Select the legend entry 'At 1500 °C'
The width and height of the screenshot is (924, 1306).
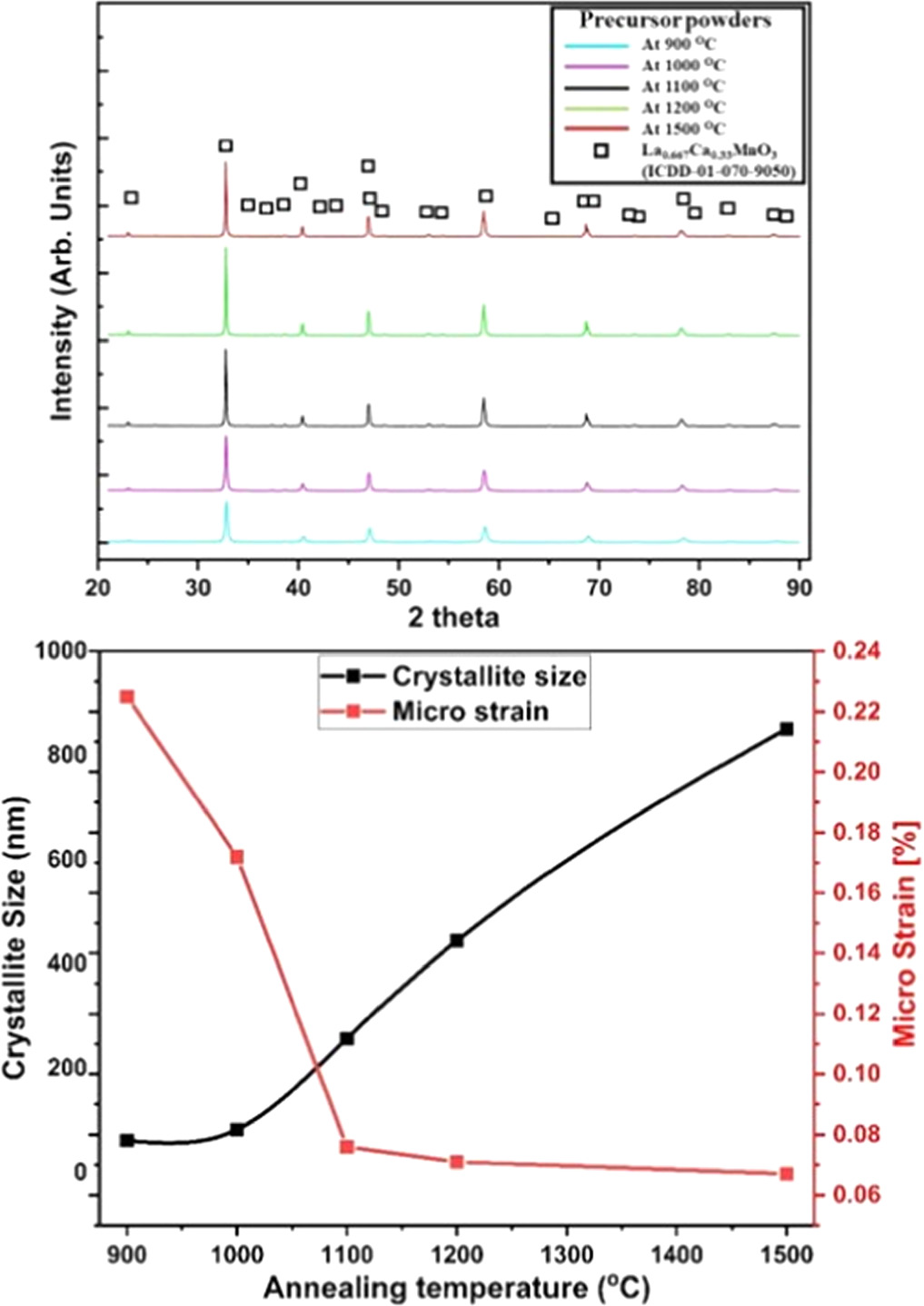pos(683,129)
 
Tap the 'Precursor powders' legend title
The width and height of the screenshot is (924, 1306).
pos(675,20)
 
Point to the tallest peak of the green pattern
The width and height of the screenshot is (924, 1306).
pos(225,250)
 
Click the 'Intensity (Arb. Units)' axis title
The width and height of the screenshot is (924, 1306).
pos(61,284)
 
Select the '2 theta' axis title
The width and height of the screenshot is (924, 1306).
pos(453,618)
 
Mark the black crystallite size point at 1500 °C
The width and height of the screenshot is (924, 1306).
pos(787,728)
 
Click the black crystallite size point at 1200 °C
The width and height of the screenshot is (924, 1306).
pos(457,940)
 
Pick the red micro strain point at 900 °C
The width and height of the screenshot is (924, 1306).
pos(127,697)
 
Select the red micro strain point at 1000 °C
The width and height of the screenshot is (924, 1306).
pos(237,856)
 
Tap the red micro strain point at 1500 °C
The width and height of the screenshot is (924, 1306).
pos(787,1173)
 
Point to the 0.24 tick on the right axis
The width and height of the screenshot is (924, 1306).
pos(853,651)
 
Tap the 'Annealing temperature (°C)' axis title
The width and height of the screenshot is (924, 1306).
pos(456,1288)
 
